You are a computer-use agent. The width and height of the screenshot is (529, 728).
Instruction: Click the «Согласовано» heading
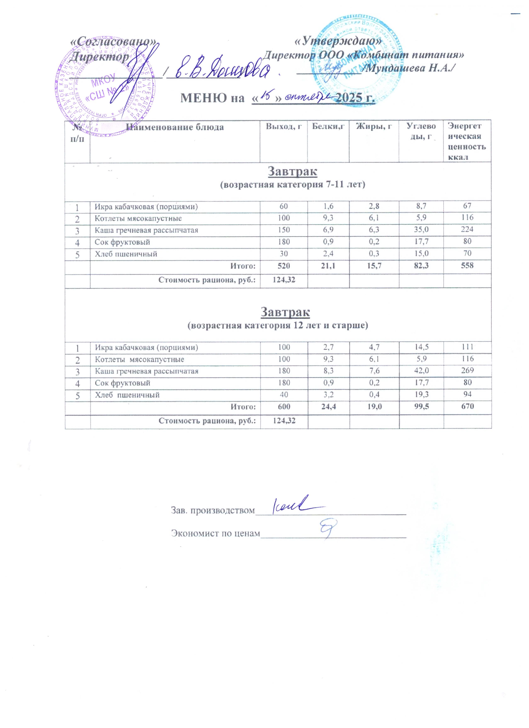tap(114, 41)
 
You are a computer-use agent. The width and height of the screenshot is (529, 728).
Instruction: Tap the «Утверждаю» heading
tap(339, 41)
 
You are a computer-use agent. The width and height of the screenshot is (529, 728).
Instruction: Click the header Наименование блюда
tap(175, 127)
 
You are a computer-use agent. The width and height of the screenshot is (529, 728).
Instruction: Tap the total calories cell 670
tap(467, 406)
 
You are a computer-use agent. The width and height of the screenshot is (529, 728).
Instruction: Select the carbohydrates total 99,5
tap(421, 406)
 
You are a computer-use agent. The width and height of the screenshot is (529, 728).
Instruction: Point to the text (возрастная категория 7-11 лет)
tap(292, 185)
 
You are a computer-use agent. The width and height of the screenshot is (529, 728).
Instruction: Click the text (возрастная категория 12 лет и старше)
tap(278, 325)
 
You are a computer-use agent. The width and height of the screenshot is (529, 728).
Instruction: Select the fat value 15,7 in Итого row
tap(374, 265)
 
